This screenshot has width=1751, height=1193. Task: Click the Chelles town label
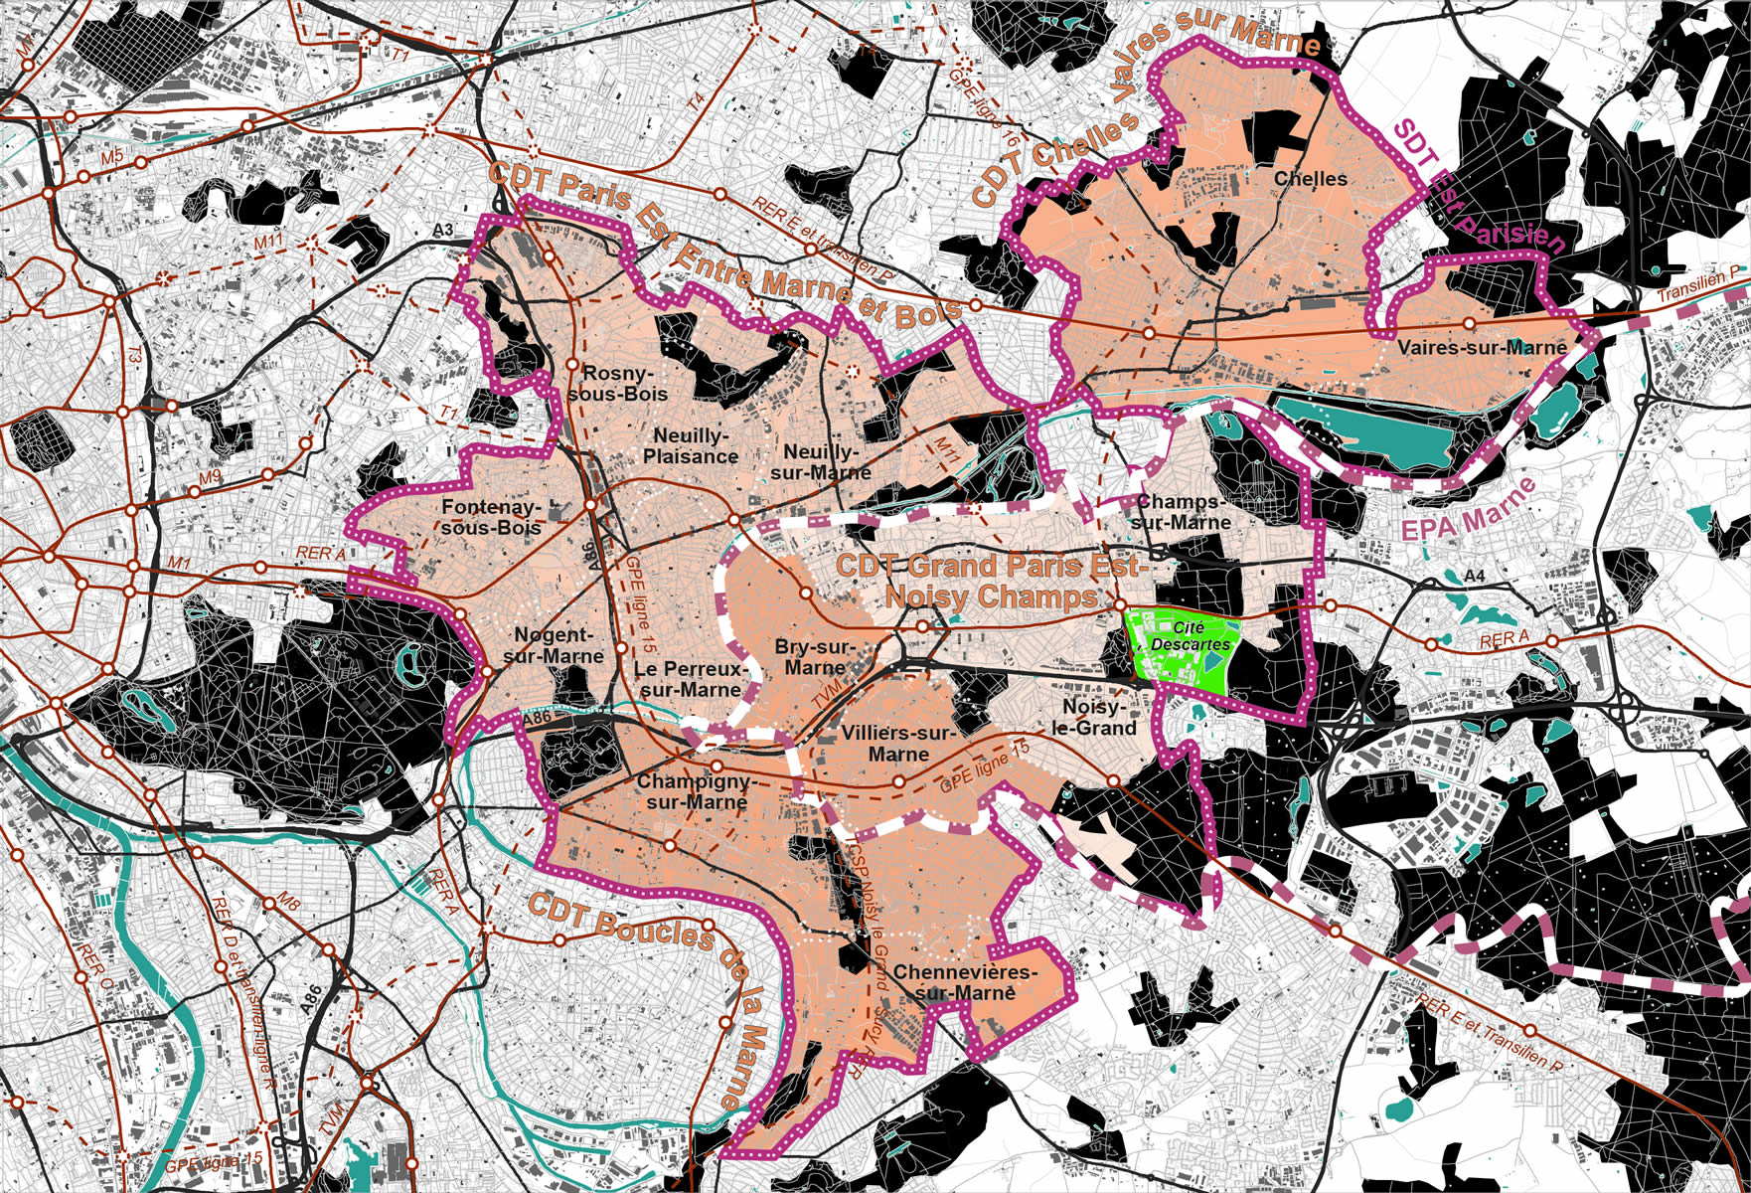[x=1310, y=179]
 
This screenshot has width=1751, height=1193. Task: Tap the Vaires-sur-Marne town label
[x=1481, y=348]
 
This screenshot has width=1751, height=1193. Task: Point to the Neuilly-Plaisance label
[x=691, y=446]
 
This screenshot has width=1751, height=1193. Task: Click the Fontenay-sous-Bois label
[x=491, y=517]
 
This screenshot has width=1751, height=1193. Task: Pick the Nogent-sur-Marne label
[x=553, y=646]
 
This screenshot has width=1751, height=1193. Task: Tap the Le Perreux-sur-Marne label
[x=690, y=679]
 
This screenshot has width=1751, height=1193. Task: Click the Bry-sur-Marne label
[x=814, y=657]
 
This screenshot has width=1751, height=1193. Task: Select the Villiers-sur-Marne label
[x=896, y=744]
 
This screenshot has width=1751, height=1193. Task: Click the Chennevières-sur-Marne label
[x=965, y=981]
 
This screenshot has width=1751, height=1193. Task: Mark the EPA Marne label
[x=1468, y=510]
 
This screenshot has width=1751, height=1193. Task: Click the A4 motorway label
[x=1474, y=576]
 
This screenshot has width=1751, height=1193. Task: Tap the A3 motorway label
[x=443, y=231]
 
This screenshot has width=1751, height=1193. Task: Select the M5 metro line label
[x=111, y=156]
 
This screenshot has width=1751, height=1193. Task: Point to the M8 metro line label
[x=287, y=903]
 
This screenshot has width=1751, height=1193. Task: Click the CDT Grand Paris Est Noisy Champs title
[x=991, y=581]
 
